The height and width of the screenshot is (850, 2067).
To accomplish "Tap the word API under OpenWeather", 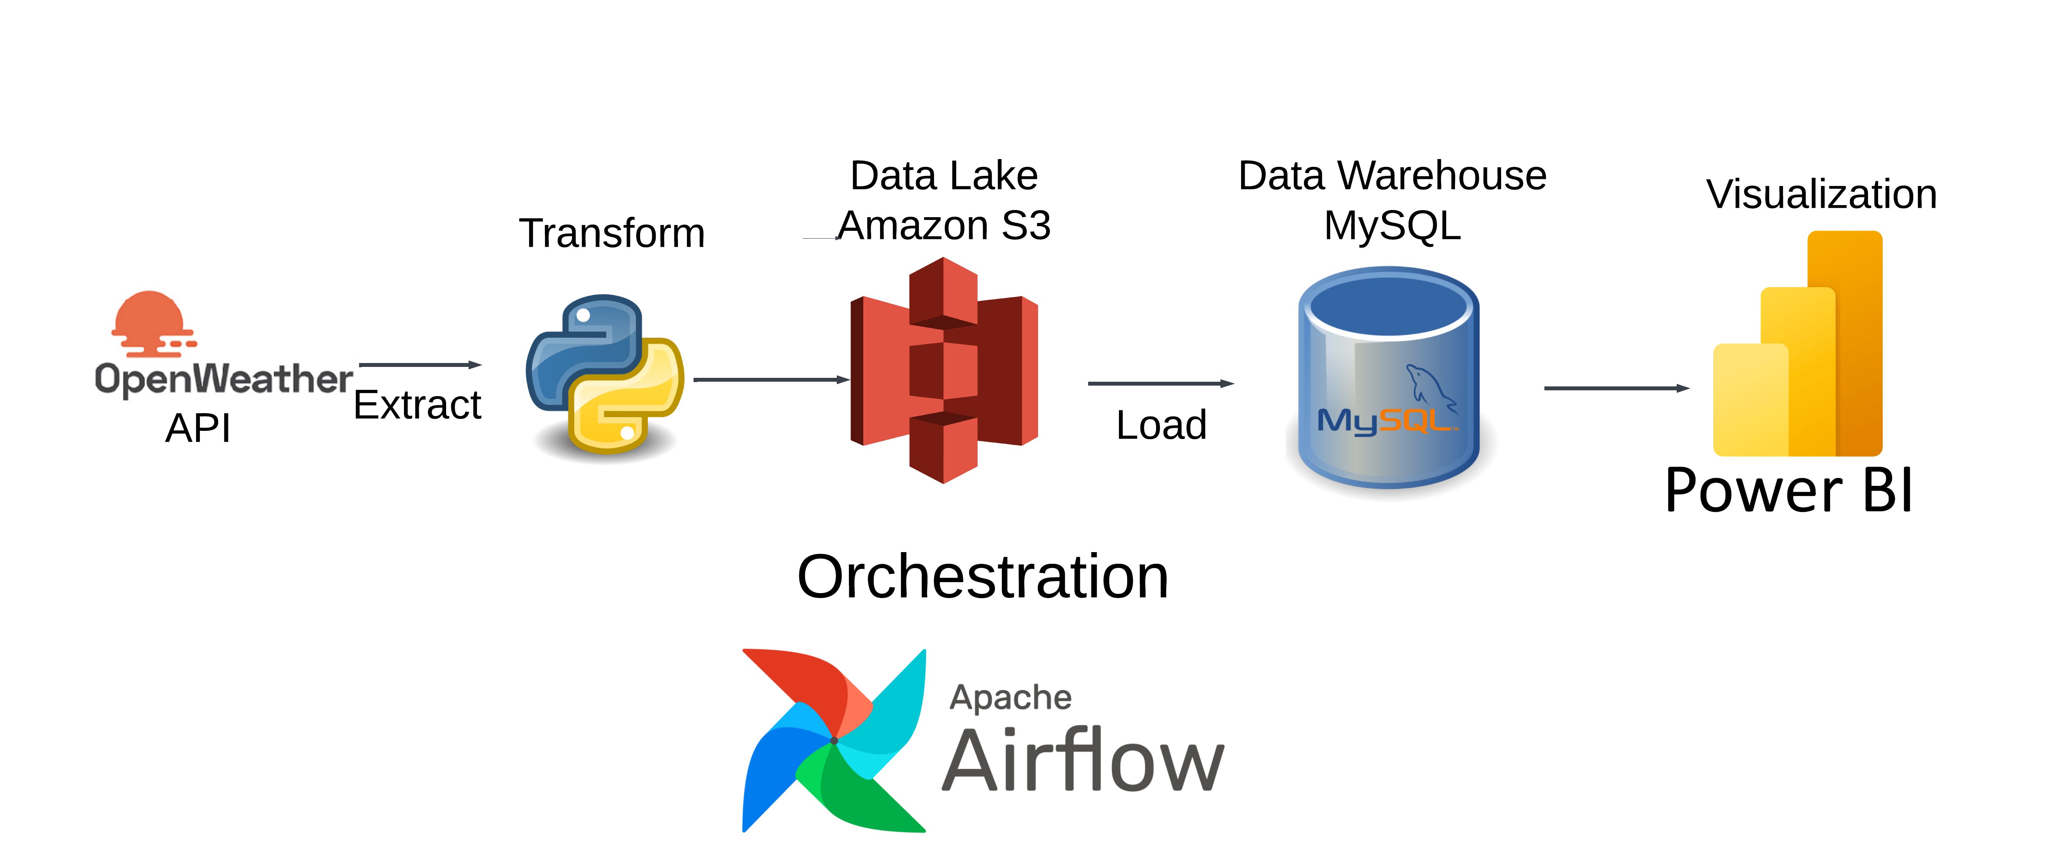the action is (198, 428).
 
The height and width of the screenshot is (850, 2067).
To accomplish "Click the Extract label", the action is (417, 405).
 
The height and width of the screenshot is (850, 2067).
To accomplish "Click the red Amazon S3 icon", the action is (944, 370).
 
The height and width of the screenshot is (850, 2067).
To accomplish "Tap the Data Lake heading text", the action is (944, 175).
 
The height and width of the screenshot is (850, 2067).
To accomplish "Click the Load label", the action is (1161, 425).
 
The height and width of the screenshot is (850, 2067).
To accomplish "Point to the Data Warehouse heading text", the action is (1392, 175).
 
